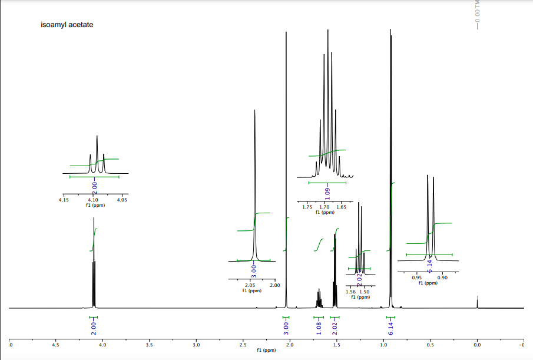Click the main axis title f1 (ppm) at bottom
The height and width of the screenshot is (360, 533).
266,351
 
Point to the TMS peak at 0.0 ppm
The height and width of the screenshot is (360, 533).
477,302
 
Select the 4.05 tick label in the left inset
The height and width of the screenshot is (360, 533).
123,200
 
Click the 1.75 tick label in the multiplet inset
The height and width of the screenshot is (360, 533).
307,207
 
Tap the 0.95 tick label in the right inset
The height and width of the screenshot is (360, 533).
416,278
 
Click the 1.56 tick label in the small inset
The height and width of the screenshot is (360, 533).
350,292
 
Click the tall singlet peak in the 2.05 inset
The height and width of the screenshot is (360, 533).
254,177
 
